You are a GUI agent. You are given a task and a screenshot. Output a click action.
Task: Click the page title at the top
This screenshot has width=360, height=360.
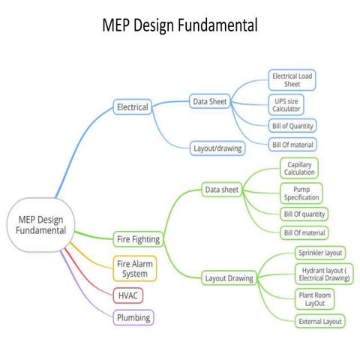click(x=180, y=25)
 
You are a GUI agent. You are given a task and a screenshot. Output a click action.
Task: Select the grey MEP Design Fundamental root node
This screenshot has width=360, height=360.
click(x=41, y=224)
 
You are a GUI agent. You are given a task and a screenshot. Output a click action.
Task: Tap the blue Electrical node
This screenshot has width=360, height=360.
click(x=133, y=107)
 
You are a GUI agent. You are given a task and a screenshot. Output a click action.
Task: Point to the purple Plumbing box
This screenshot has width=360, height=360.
click(x=134, y=317)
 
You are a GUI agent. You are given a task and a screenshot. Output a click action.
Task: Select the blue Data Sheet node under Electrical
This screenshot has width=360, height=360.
click(x=210, y=100)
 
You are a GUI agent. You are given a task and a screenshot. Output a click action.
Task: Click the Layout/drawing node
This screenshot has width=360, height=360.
click(x=217, y=148)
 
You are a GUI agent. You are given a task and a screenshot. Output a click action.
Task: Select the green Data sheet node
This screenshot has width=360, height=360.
click(x=221, y=190)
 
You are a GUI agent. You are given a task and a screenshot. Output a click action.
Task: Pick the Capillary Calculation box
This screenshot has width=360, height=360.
click(x=299, y=167)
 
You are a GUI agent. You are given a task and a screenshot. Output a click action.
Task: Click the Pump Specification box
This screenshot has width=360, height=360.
click(x=301, y=193)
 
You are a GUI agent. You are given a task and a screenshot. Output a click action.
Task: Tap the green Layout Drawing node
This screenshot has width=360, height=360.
click(x=229, y=278)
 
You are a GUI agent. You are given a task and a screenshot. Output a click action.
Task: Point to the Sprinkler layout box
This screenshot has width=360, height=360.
click(x=319, y=253)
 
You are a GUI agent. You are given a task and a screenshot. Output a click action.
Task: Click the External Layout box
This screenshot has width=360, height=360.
click(x=319, y=322)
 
